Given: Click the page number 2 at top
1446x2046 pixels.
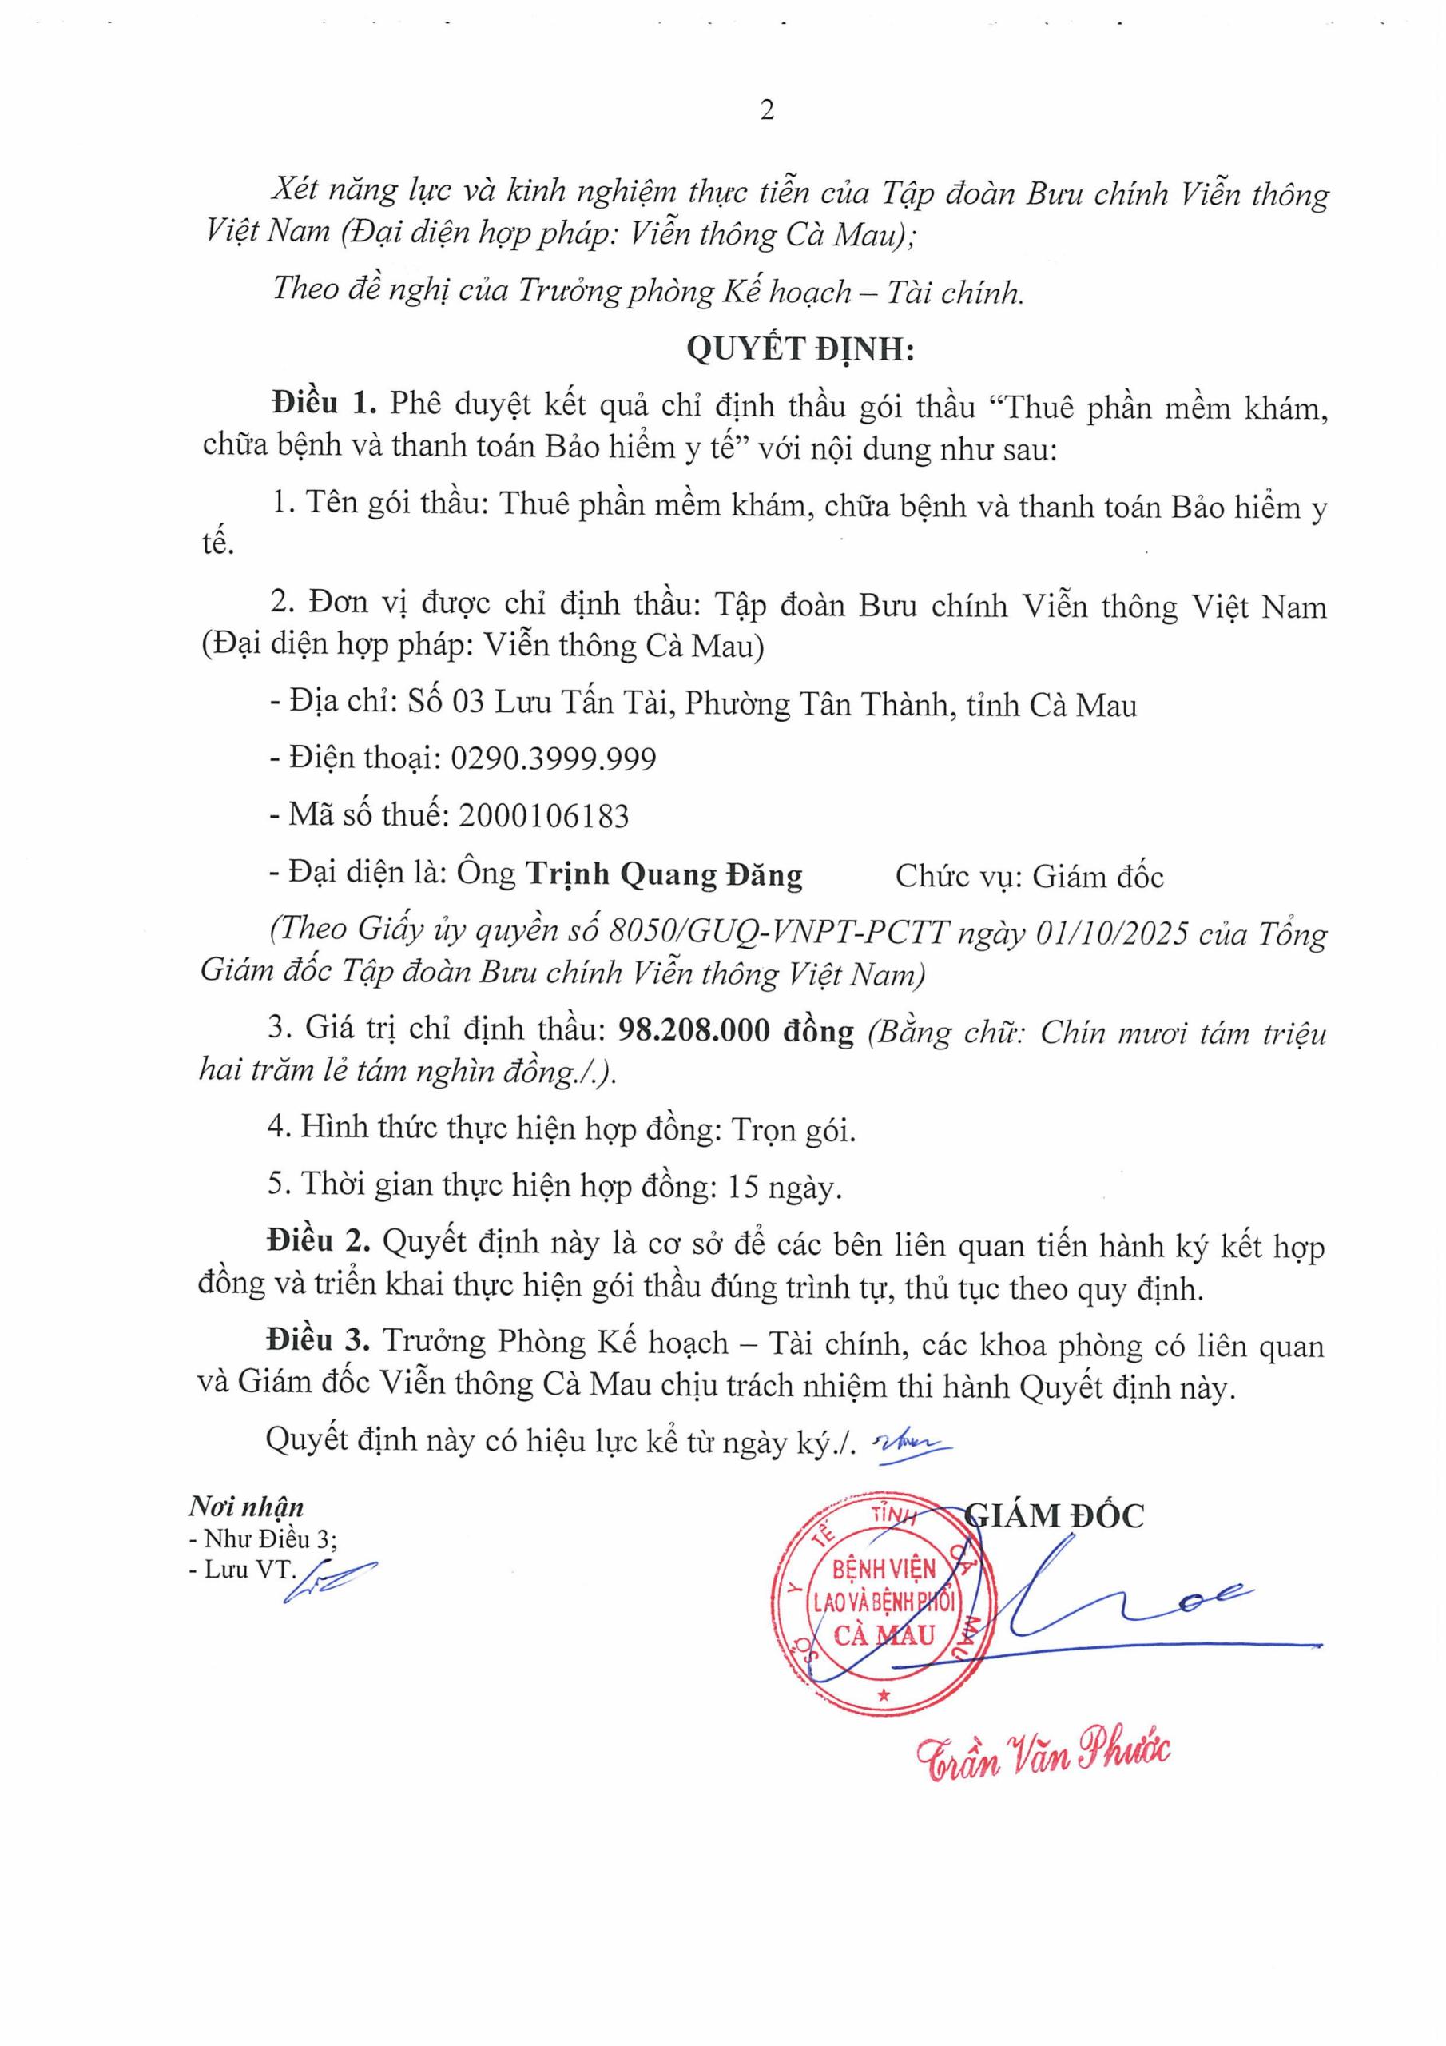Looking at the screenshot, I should coord(767,110).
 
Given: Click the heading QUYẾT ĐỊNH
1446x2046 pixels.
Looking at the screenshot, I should coord(800,349).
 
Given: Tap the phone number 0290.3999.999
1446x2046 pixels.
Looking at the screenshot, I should coord(554,759).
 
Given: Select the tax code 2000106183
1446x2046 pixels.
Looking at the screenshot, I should coord(543,815).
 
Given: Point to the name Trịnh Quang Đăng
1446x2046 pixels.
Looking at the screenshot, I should coord(664,875).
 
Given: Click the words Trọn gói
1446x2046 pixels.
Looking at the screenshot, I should coord(793,1131).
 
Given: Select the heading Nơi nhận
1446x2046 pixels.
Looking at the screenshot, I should coord(246,1507).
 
